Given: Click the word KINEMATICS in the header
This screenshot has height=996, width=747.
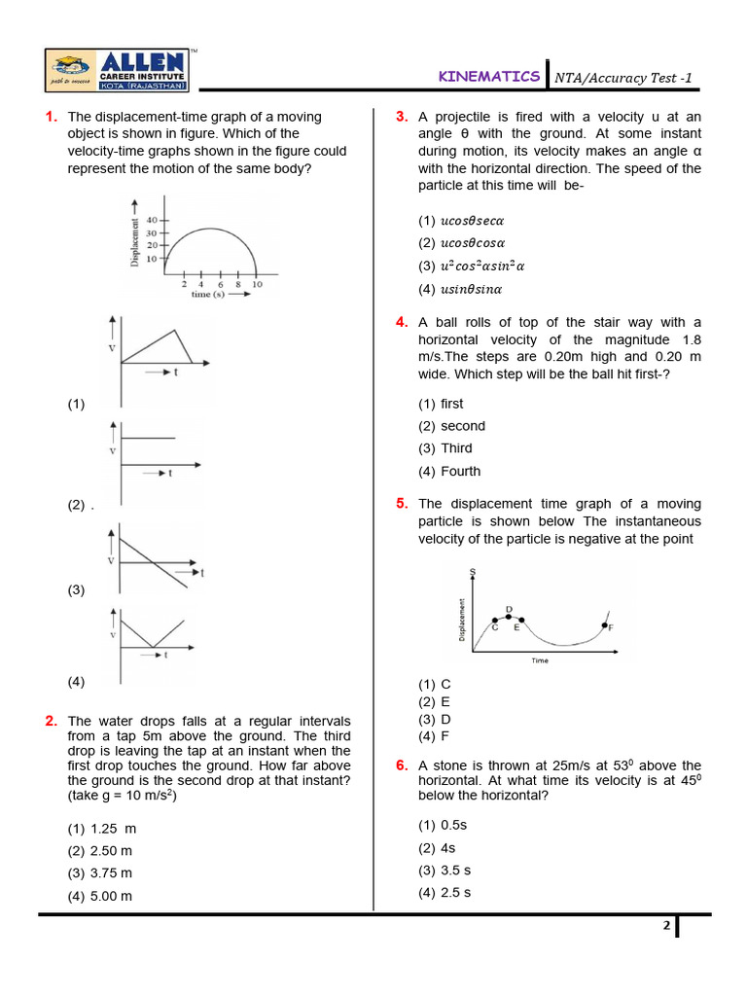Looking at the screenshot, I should (488, 76).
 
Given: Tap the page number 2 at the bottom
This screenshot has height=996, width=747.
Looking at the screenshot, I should (667, 926).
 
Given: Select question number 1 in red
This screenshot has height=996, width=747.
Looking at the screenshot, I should (51, 117).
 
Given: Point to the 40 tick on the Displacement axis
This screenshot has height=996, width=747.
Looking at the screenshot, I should (151, 221).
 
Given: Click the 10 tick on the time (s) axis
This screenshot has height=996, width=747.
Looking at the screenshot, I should (256, 283).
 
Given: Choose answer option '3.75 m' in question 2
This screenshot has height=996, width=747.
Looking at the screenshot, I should (111, 873).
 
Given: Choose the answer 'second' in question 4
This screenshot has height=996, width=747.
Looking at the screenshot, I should (462, 426).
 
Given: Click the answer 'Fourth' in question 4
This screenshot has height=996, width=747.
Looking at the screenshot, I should (460, 472).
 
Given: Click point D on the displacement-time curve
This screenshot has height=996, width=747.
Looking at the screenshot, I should (509, 616).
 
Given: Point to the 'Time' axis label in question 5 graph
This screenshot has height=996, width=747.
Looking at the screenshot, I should (540, 660).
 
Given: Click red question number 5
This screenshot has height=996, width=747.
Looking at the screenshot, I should (401, 504).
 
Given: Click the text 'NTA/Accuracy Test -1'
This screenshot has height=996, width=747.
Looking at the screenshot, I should (622, 78).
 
